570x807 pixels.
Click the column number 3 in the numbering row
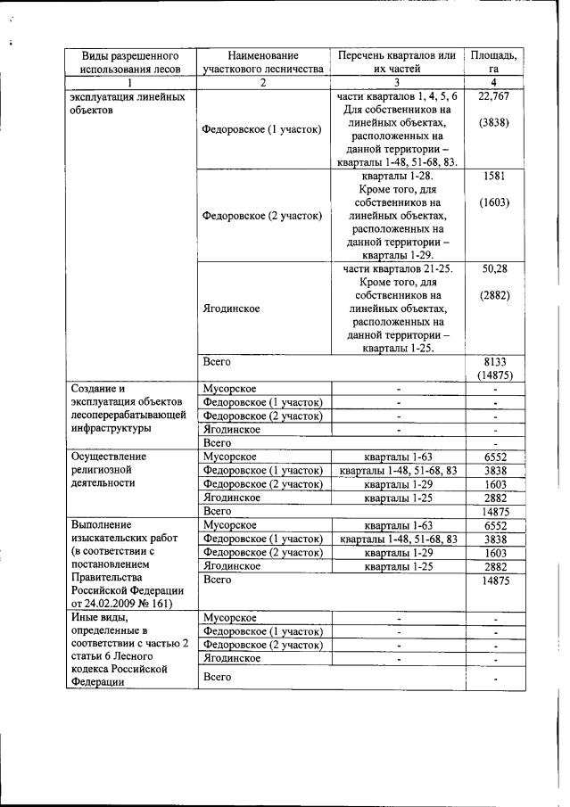click(x=397, y=82)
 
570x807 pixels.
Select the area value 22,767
click(x=493, y=96)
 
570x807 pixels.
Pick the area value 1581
click(x=494, y=177)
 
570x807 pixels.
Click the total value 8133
click(x=494, y=362)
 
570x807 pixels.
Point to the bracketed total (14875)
click(x=494, y=375)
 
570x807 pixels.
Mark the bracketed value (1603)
click(x=494, y=202)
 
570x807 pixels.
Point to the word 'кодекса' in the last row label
click(x=94, y=671)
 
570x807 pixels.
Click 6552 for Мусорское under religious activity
click(x=494, y=457)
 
